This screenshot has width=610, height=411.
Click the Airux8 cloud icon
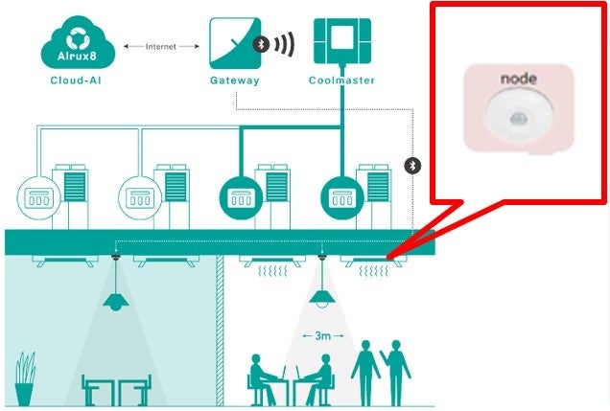tap(78, 44)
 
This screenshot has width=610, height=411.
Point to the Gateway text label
tap(234, 81)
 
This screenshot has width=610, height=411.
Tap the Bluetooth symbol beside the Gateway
tap(260, 44)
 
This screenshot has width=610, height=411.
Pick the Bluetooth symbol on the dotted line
tap(414, 165)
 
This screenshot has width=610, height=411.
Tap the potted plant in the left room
tap(25, 378)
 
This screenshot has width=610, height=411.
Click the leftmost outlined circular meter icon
tap(36, 198)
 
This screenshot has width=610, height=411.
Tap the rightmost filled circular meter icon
tap(343, 198)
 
